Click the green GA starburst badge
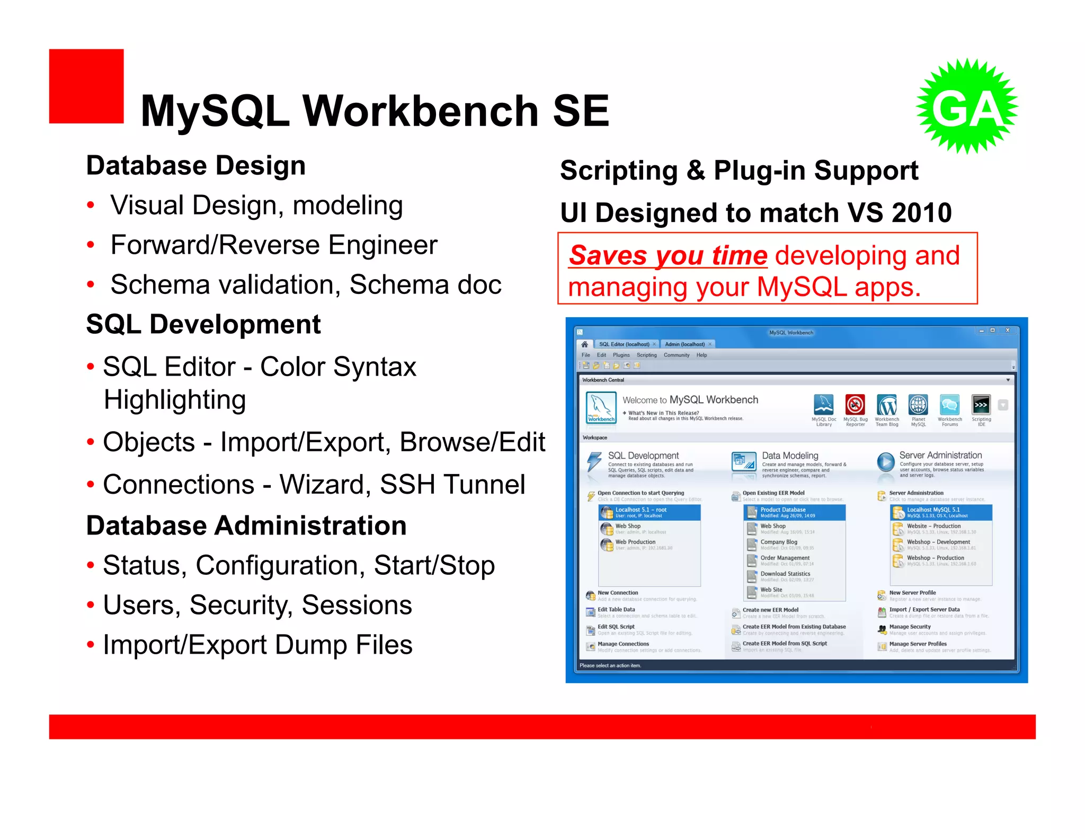967,106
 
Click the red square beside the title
86,86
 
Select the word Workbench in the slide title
421,111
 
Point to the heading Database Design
196,166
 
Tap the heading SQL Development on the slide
203,324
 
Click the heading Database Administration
246,525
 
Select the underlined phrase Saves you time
668,256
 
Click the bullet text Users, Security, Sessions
257,605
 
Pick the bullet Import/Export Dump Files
257,645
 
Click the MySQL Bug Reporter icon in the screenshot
855,405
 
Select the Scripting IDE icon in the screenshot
981,405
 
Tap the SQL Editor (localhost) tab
624,344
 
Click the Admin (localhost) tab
685,344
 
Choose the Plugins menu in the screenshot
621,355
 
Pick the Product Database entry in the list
783,510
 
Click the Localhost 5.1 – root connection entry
641,510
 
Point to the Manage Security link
910,627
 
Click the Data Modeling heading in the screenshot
790,456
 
